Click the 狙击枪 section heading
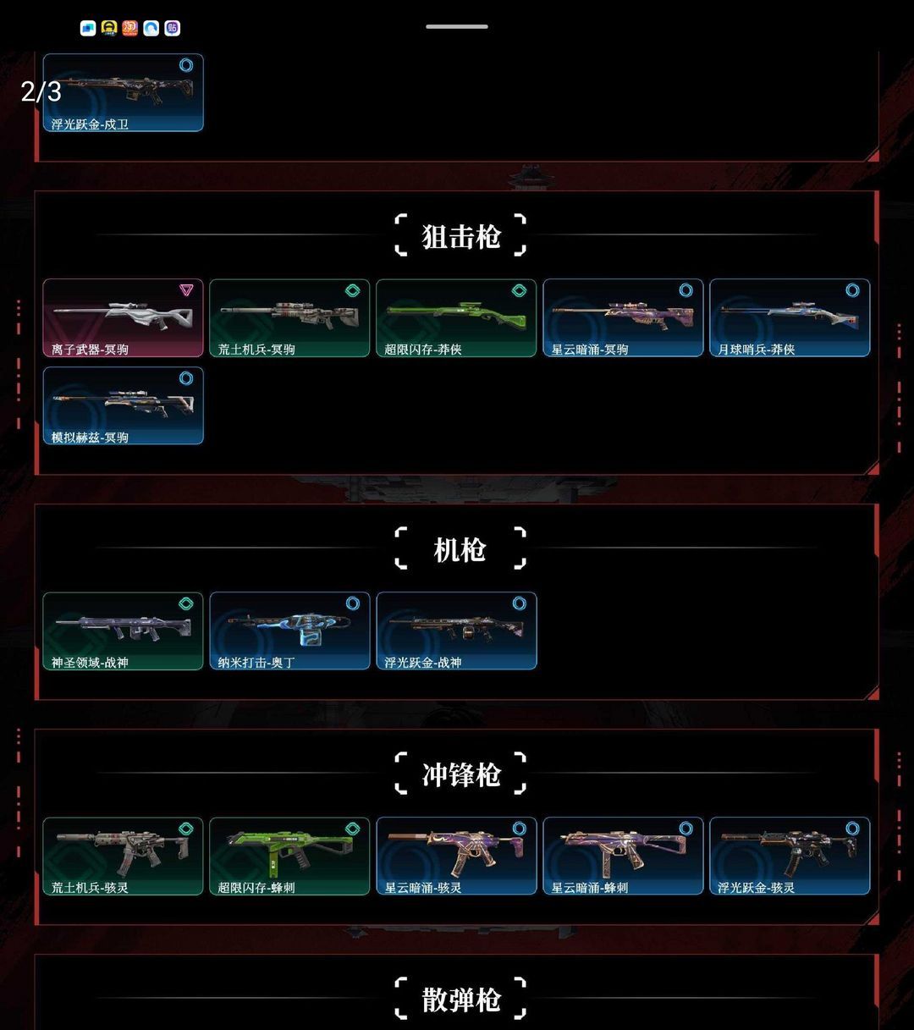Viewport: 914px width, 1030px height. [460, 236]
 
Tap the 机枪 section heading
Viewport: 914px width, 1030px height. [460, 549]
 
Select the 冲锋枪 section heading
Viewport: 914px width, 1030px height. [460, 774]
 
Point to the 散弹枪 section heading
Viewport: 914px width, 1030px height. [460, 1000]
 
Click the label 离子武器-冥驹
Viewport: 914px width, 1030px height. [90, 350]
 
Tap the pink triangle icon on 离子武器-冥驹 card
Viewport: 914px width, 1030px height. [186, 289]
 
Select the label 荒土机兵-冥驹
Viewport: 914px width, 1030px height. [256, 350]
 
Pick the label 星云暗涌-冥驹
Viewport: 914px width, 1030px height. [590, 350]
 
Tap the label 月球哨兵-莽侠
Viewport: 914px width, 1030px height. [757, 350]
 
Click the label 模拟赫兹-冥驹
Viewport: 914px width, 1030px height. [90, 438]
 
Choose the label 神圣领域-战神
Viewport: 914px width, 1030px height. [90, 663]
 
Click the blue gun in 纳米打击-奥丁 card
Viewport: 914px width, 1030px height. [289, 628]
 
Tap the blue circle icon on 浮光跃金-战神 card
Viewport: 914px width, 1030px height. [519, 603]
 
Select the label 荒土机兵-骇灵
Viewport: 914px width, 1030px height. [90, 888]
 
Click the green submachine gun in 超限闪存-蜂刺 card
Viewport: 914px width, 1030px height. [289, 850]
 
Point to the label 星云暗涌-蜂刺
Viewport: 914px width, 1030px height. [590, 888]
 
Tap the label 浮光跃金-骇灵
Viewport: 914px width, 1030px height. [757, 888]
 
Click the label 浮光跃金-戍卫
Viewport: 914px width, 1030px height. [90, 124]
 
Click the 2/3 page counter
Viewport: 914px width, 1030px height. [41, 91]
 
